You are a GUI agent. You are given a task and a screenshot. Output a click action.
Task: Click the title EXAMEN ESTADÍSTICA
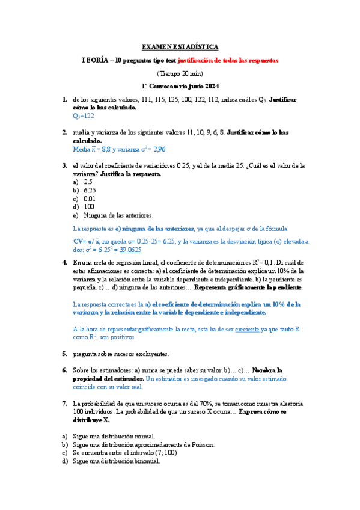point(180,46)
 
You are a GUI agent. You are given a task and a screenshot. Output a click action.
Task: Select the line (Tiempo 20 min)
point(180,73)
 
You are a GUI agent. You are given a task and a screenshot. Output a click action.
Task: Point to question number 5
point(64,354)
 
